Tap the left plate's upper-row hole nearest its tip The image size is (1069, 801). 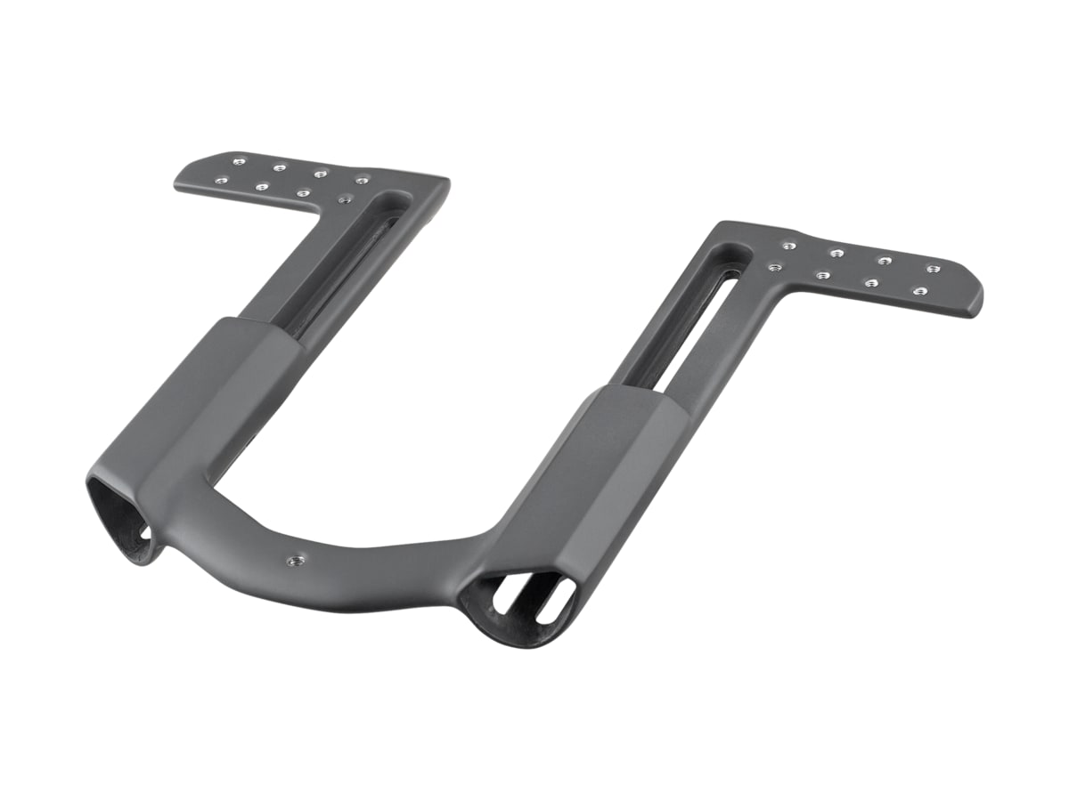pos(238,162)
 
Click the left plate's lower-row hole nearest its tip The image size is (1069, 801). pos(221,180)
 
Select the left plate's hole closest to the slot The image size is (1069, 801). pos(344,199)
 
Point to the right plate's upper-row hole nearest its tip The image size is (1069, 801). pos(933,268)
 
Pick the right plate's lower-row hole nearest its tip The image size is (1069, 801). pos(918,290)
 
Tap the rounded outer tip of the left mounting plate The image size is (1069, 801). pos(181,182)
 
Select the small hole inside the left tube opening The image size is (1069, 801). pos(144,531)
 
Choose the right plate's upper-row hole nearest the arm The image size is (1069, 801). pos(787,246)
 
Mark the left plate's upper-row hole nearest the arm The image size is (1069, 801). pos(362,181)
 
